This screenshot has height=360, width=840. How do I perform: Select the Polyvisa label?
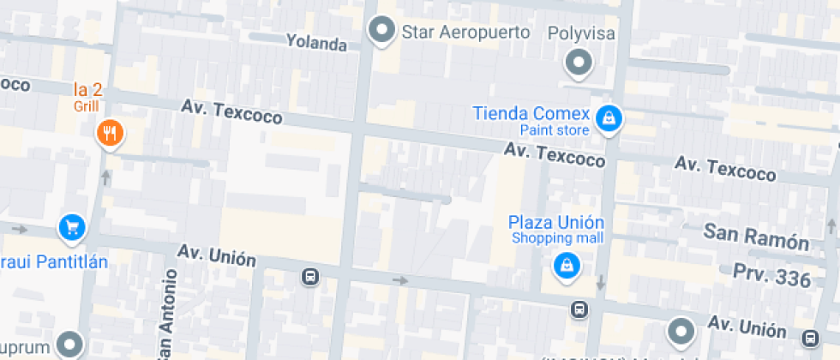point(580,34)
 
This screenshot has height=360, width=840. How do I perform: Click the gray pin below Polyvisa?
point(580,63)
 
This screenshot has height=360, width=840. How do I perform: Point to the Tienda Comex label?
point(531,114)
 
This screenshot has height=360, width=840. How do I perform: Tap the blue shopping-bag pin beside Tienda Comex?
point(609,118)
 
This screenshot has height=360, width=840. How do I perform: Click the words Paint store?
point(555,130)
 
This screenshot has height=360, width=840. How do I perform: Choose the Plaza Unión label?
point(556,222)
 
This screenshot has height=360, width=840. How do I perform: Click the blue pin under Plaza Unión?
point(566,266)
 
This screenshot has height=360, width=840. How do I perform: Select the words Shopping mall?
point(558,237)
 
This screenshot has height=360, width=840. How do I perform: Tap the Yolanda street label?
point(316,42)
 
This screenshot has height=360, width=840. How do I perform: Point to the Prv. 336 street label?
point(771,276)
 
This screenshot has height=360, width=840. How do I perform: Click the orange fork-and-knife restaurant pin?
point(110,133)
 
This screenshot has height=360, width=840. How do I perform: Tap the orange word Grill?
point(87,106)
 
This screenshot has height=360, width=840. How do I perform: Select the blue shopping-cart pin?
point(72,227)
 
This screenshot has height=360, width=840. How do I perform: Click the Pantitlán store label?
point(53,261)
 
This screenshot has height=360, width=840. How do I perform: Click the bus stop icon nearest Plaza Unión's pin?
point(580,309)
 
